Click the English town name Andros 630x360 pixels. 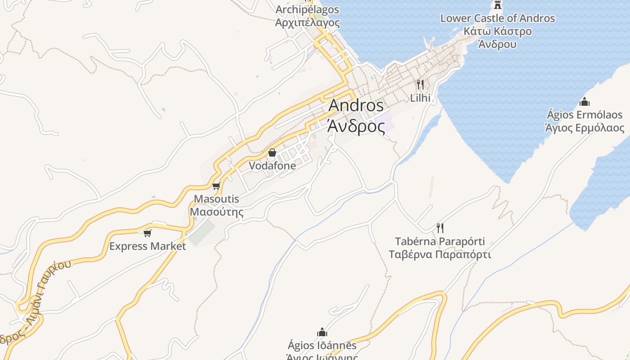(356, 105)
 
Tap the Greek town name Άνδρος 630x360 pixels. (356, 126)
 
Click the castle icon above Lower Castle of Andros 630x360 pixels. (497, 5)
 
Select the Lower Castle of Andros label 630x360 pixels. (497, 18)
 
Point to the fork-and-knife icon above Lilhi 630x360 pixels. (420, 84)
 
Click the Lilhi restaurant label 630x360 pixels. (420, 98)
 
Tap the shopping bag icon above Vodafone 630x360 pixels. (272, 153)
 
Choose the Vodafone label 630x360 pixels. (272, 166)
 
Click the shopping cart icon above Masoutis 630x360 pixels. (216, 186)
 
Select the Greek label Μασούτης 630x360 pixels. (216, 212)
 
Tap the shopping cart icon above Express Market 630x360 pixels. (147, 233)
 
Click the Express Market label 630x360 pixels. (148, 246)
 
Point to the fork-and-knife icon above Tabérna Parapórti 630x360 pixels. (440, 228)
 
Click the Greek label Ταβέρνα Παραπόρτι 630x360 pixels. (440, 254)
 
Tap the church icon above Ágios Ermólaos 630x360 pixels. (585, 102)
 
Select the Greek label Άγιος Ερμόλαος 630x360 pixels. (585, 128)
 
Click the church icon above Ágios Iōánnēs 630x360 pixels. (322, 333)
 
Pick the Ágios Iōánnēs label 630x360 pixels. (322, 346)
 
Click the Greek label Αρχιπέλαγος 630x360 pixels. (307, 22)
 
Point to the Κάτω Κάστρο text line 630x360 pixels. (497, 31)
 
